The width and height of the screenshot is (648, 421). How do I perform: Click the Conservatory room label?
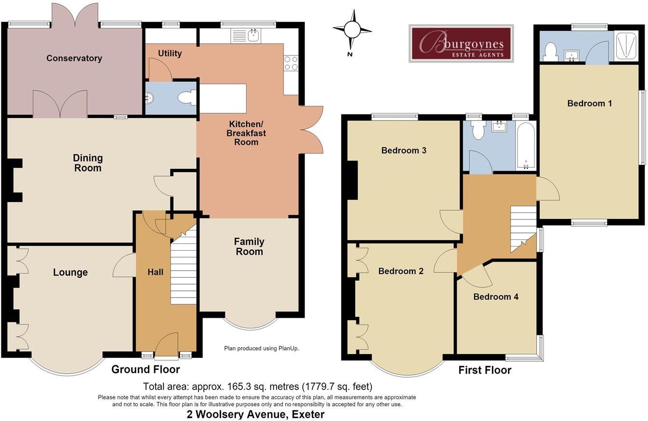coord(74,58)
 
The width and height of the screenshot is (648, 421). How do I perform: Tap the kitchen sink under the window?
coord(246,36)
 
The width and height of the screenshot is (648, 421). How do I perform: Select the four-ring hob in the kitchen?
coord(291,63)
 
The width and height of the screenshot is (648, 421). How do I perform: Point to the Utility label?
coord(170,53)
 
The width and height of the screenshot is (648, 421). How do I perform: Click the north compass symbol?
coord(352,30)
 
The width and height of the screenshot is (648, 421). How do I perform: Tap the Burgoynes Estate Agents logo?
coord(461,43)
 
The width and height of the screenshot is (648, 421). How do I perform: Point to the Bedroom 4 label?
coord(496,297)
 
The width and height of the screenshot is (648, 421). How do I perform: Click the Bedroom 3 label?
coord(404,150)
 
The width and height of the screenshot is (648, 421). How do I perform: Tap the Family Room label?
coord(249,246)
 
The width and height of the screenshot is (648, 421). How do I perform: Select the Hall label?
coord(155,272)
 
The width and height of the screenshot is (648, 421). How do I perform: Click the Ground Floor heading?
coord(145,369)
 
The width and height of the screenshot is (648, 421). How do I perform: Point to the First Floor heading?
coord(485,370)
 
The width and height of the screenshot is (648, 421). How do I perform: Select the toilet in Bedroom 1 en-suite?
coord(550,52)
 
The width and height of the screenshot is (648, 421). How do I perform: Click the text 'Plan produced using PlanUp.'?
coord(262,348)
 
